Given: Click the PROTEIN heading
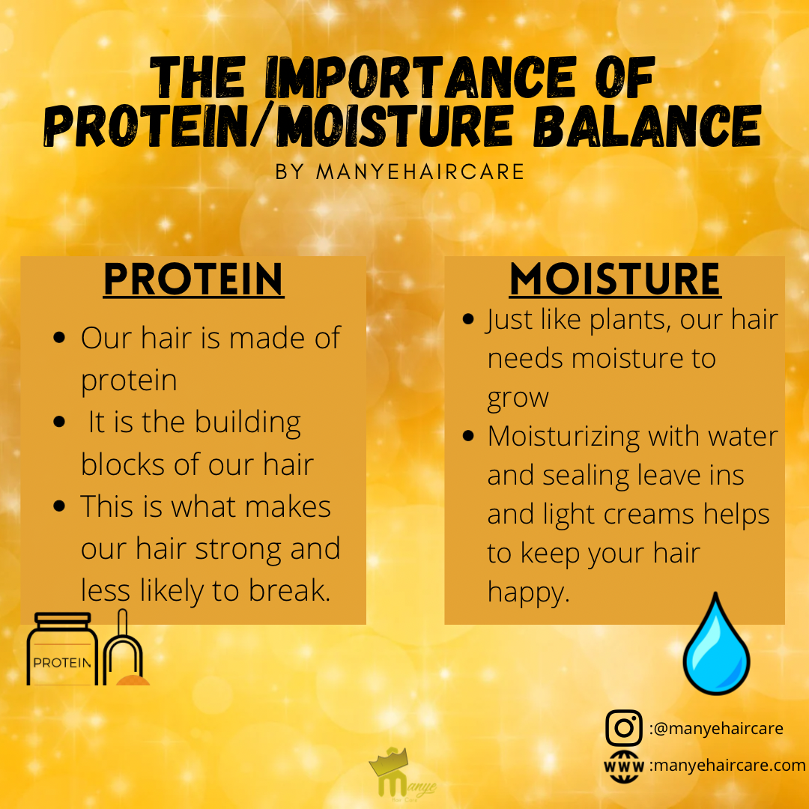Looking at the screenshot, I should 193,279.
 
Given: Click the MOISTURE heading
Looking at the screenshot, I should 614,279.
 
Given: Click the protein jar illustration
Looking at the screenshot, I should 62,649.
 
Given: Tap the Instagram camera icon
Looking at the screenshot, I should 624,728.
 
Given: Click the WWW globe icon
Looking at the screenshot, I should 624,766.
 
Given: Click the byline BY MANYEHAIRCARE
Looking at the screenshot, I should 400,172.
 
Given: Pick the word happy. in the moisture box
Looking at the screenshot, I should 529,593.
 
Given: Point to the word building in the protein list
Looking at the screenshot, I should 247,422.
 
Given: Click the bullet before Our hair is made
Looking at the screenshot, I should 60,338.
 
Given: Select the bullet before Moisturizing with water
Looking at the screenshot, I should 469,436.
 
